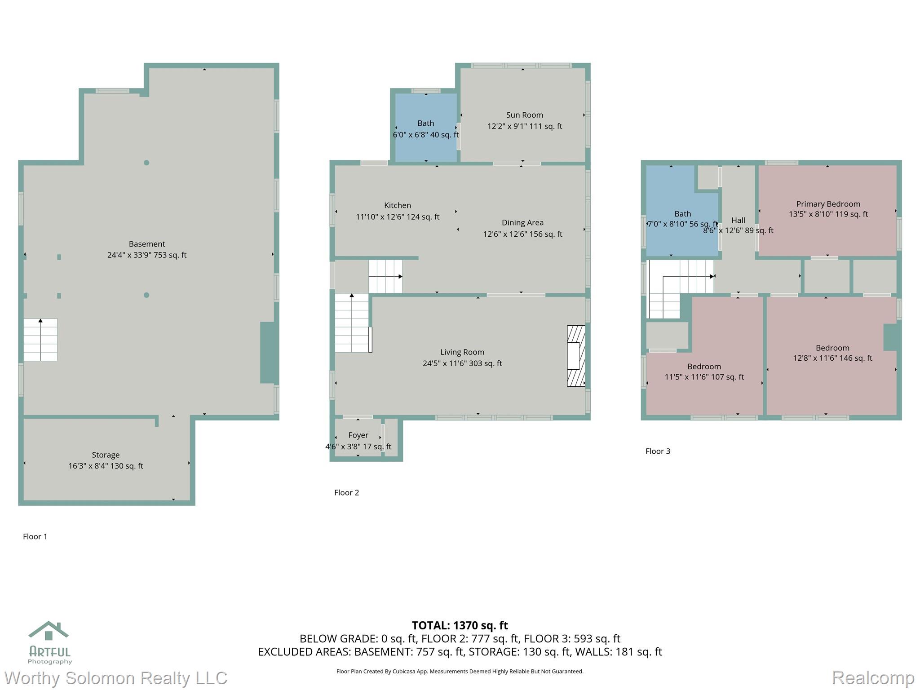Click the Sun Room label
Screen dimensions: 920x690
point(524,115)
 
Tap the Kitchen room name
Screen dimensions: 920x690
point(398,205)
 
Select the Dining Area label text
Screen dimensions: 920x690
point(522,223)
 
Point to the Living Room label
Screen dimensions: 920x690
point(462,352)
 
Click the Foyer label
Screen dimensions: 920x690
point(358,435)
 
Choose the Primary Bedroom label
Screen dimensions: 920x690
point(828,204)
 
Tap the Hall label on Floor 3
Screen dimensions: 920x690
point(738,220)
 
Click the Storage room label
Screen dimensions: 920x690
point(106,455)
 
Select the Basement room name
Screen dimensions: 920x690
point(147,244)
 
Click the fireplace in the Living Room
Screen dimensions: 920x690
point(576,356)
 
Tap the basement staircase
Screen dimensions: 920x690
point(40,340)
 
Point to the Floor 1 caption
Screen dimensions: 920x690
point(35,536)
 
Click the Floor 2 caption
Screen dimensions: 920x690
point(346,493)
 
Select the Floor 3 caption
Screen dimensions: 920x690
point(658,451)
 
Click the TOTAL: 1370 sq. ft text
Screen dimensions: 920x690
point(460,625)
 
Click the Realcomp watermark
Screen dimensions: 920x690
point(873,678)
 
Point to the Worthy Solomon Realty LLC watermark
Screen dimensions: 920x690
point(116,678)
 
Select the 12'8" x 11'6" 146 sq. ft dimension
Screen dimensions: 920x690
point(832,358)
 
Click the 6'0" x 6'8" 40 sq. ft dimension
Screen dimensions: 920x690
point(426,135)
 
